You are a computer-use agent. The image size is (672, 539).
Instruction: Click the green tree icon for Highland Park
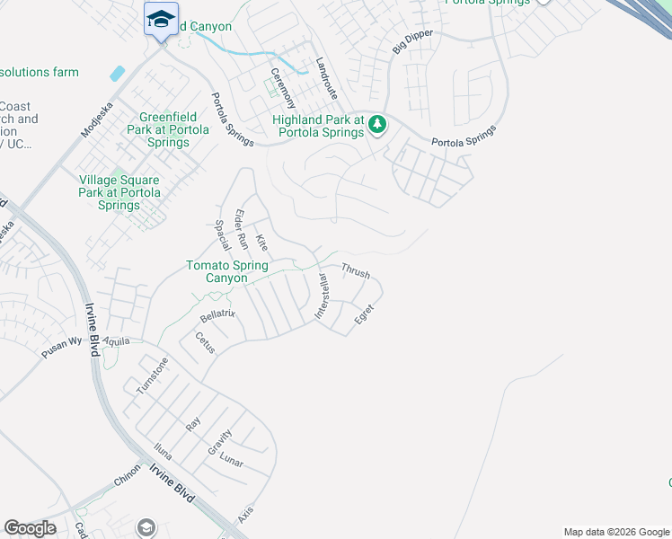point(378,124)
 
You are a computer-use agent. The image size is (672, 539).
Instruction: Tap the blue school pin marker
point(161,19)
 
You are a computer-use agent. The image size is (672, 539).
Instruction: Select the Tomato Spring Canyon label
point(216,271)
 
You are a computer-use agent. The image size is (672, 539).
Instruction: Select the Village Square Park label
point(119,192)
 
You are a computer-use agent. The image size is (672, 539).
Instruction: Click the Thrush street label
point(356,270)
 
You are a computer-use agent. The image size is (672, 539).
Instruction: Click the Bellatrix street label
point(217,314)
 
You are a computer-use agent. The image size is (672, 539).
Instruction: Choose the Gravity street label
point(219,443)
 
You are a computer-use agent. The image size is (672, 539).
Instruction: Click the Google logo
point(30,528)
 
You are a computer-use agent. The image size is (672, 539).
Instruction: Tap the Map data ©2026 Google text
point(615,532)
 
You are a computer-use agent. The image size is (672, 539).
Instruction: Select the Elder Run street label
point(240,228)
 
